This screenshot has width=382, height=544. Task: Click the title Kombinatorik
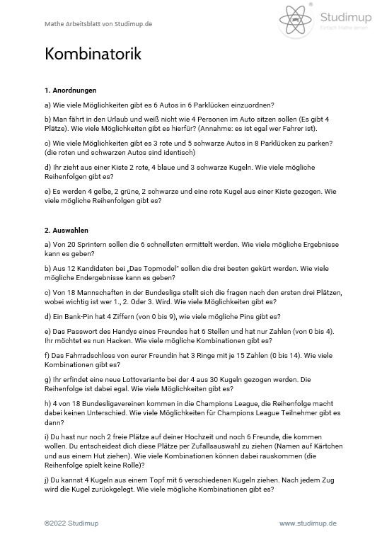coord(93,55)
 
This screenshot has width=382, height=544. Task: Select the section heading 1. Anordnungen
coord(70,91)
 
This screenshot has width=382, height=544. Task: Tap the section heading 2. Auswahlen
coord(67,230)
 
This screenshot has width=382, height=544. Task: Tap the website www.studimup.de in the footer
coord(308,523)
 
